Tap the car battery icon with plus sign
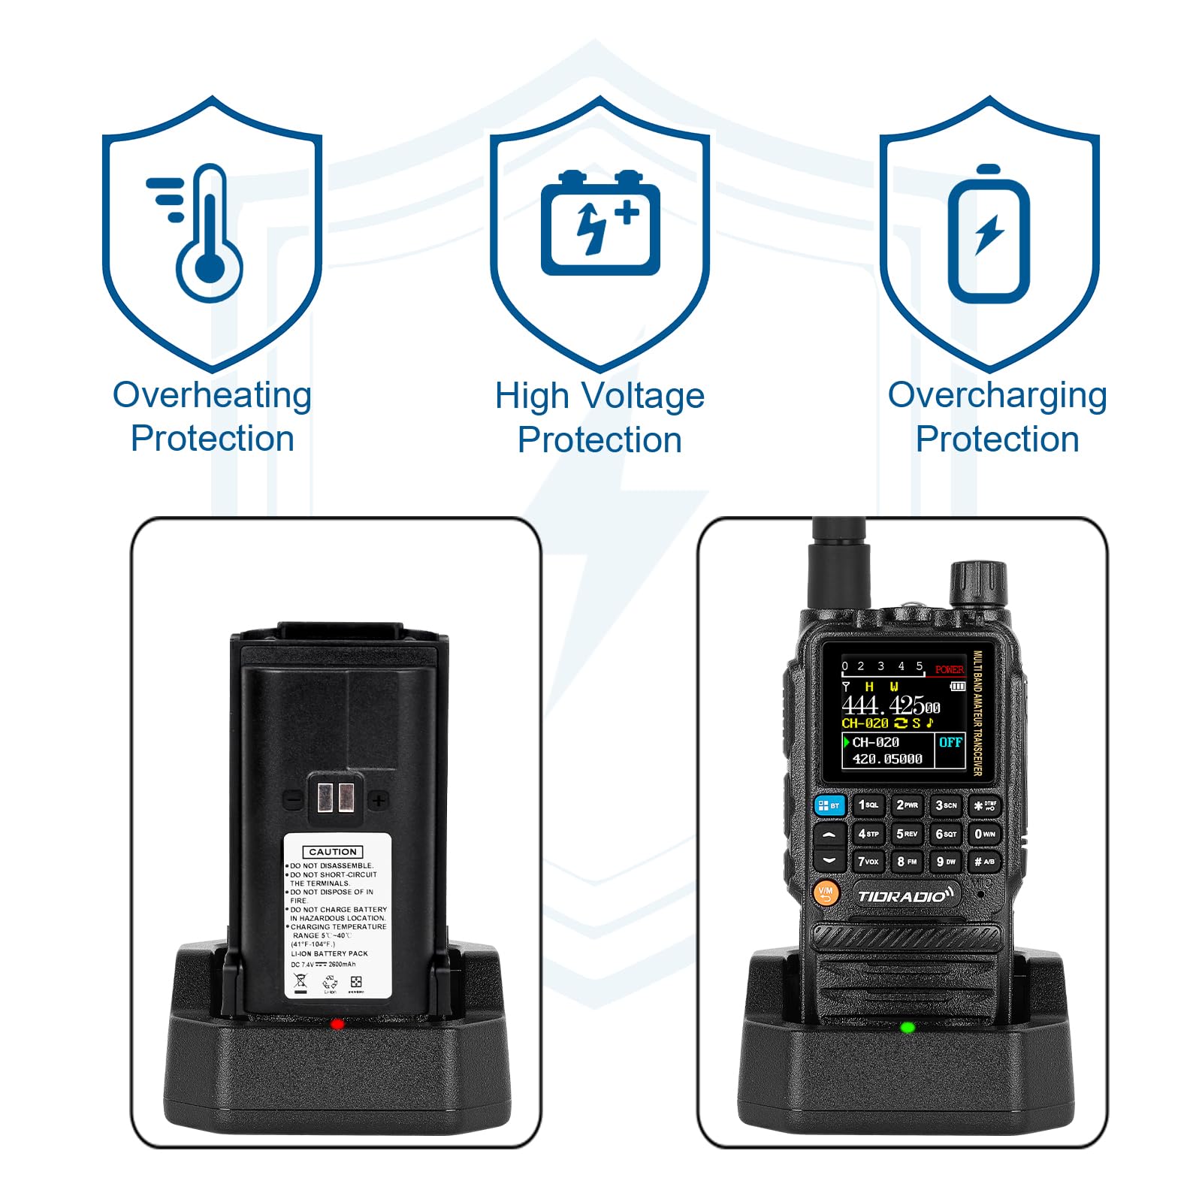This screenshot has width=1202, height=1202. pos(600,224)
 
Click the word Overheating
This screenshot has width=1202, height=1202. pos(212,395)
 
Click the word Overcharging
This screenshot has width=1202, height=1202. pos(997,395)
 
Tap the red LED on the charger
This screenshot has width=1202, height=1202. pos(337,1024)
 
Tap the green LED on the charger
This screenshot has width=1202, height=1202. pos(908,1027)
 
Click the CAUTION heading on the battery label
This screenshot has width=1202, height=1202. pos(333,852)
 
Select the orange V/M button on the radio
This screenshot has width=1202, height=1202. pos(826,892)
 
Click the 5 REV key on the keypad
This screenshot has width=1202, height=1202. pos(907,834)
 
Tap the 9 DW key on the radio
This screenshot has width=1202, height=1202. pos(945,862)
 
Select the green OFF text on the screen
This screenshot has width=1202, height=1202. pos(950,742)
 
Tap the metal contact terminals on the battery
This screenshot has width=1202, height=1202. pos(335,796)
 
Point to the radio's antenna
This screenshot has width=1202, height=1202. pos(838,563)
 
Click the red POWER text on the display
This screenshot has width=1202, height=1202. pos(949,669)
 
